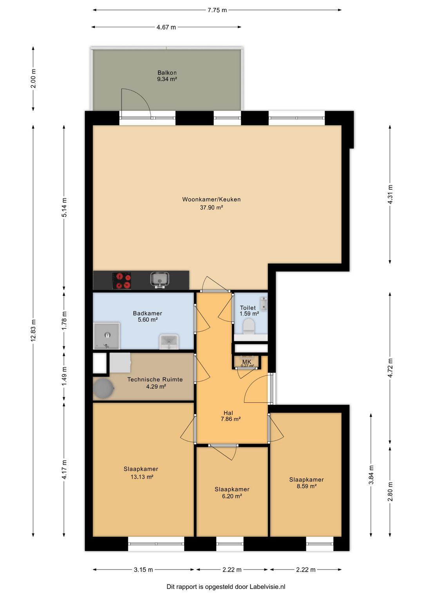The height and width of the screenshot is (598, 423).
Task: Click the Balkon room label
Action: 167,72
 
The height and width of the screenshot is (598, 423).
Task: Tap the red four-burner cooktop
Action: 122,281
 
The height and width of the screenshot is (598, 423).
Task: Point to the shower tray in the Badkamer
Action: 107,336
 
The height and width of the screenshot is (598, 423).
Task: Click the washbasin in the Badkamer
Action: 169,341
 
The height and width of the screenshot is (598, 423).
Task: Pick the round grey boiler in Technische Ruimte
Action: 103,388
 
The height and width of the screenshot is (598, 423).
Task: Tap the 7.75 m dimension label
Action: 217,10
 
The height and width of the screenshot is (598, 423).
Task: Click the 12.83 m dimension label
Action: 33,330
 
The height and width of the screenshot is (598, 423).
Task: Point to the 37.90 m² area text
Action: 211,207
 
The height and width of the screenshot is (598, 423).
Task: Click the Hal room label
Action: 228,413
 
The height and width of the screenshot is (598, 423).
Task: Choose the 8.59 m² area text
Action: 306,486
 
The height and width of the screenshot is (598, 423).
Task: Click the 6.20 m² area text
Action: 232,496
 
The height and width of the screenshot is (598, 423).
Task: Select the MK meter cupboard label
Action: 247,362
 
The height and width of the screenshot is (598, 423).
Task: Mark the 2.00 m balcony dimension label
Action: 33,78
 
